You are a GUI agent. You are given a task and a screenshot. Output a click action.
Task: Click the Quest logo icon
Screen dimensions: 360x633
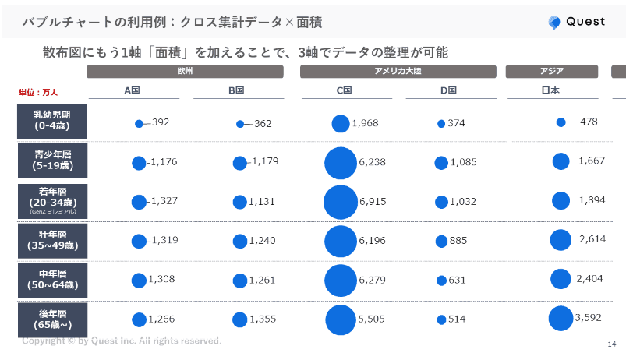click(x=555, y=23)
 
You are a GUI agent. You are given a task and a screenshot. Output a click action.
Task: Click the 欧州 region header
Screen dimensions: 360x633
click(x=185, y=72)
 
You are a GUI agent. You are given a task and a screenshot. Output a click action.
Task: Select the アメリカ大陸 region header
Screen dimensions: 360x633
click(x=398, y=72)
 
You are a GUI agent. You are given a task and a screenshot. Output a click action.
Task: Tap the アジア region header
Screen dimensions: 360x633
click(x=552, y=72)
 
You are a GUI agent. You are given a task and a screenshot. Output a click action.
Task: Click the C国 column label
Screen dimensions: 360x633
click(x=344, y=90)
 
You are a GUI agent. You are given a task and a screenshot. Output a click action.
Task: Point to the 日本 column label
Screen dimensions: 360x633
click(x=550, y=90)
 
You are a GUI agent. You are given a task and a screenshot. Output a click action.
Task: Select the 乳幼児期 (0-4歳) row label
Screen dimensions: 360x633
click(x=51, y=122)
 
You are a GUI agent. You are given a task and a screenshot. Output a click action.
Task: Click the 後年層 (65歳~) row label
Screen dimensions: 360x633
click(x=51, y=319)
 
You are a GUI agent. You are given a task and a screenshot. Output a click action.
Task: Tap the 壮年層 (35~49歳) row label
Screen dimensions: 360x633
click(x=51, y=241)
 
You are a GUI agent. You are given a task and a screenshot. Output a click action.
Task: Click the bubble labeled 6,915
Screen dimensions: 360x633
click(x=341, y=203)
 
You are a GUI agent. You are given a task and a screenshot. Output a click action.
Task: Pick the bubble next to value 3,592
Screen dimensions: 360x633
click(x=561, y=319)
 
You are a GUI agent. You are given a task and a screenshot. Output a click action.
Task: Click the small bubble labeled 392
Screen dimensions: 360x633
click(x=139, y=123)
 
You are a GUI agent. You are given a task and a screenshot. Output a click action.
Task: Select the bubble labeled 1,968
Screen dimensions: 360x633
click(x=341, y=124)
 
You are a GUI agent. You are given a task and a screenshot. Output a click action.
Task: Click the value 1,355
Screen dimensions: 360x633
click(x=262, y=319)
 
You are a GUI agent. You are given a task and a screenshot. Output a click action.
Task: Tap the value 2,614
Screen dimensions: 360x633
click(x=592, y=239)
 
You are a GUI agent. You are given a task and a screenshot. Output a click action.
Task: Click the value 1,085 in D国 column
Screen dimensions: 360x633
click(x=463, y=162)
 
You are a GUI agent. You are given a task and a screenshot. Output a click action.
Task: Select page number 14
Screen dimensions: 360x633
click(x=611, y=344)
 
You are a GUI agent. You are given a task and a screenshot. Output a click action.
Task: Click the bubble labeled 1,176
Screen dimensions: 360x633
click(x=139, y=163)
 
